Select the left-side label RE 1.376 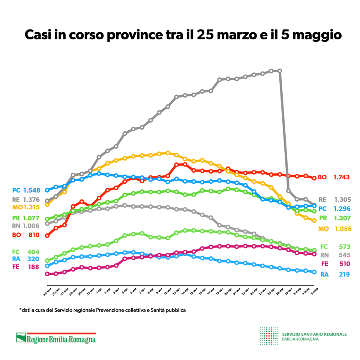click(25, 199)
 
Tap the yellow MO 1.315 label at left click(25, 207)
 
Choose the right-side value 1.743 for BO click(342, 177)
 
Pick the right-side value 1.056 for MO click(341, 229)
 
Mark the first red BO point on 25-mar click(47, 235)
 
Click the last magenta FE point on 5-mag click(314, 254)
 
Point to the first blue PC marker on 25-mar click(47, 190)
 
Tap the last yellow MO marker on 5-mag click(314, 220)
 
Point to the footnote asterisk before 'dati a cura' click(20, 310)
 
